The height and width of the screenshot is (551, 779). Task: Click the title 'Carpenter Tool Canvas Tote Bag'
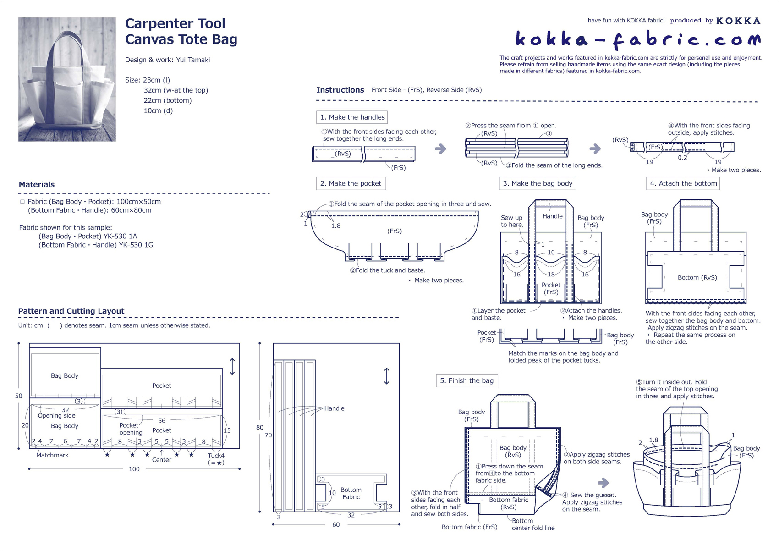pyautogui.click(x=181, y=31)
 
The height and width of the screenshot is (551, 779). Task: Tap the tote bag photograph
pyautogui.click(x=67, y=79)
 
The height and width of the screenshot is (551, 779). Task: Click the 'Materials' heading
pyautogui.click(x=37, y=184)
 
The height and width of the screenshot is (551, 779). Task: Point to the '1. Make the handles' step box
pyautogui.click(x=352, y=117)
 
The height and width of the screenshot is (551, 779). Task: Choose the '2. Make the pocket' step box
pyautogui.click(x=351, y=183)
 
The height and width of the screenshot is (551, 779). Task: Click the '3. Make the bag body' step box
pyautogui.click(x=537, y=183)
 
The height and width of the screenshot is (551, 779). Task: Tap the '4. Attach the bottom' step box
pyautogui.click(x=683, y=183)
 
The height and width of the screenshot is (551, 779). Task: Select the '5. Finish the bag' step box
pyautogui.click(x=466, y=380)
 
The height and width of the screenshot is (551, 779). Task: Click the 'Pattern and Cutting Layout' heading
pyautogui.click(x=71, y=311)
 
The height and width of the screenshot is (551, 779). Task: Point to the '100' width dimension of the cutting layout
pyautogui.click(x=134, y=469)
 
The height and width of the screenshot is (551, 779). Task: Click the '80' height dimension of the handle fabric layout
pyautogui.click(x=260, y=427)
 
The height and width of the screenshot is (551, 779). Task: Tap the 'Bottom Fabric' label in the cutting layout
pyautogui.click(x=351, y=493)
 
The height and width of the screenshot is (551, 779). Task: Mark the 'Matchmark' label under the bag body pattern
pyautogui.click(x=52, y=455)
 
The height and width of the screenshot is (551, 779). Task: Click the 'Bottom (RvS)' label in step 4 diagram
pyautogui.click(x=697, y=277)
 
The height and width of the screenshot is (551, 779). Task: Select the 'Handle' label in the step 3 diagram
pyautogui.click(x=552, y=216)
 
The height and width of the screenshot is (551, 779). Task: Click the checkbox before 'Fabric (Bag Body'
pyautogui.click(x=22, y=202)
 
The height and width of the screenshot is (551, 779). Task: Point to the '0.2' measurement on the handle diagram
pyautogui.click(x=682, y=158)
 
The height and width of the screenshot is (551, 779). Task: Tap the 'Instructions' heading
pyautogui.click(x=340, y=90)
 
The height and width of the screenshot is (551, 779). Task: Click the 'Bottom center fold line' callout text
pyautogui.click(x=533, y=524)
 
